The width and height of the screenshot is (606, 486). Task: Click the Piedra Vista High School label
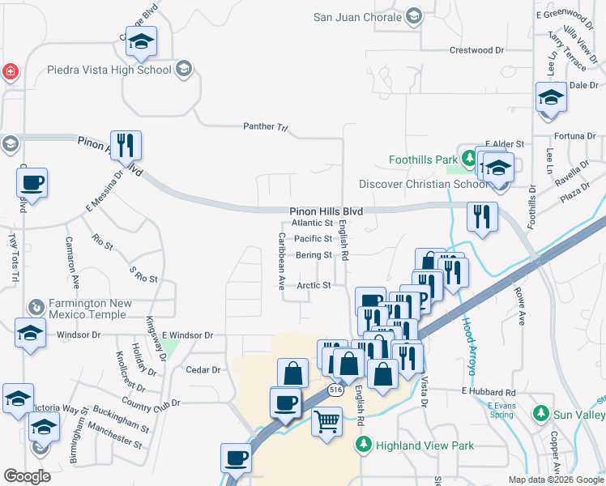pyautogui.click(x=109, y=70)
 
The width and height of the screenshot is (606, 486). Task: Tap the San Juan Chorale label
pyautogui.click(x=358, y=17)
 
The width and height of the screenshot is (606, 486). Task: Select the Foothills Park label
pyautogui.click(x=422, y=160)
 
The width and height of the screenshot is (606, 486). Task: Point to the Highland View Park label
pyautogui.click(x=423, y=445)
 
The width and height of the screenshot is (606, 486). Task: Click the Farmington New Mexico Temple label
pyautogui.click(x=89, y=309)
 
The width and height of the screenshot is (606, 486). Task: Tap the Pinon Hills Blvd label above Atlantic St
pyautogui.click(x=326, y=211)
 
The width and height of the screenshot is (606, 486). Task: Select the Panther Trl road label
pyautogui.click(x=266, y=126)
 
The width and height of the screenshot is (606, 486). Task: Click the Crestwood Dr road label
pyautogui.click(x=482, y=50)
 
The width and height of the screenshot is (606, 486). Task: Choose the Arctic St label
pyautogui.click(x=314, y=285)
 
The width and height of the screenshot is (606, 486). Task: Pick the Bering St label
pyautogui.click(x=314, y=255)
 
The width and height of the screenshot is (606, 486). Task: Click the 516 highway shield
pyautogui.click(x=335, y=390)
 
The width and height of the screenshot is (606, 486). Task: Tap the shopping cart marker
pyautogui.click(x=326, y=421)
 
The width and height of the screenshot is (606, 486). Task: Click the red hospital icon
pyautogui.click(x=10, y=71)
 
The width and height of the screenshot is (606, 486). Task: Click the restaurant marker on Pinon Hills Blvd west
pyautogui.click(x=126, y=145)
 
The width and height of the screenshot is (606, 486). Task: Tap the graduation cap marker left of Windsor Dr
pyautogui.click(x=31, y=333)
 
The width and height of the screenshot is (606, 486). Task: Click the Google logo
pyautogui.click(x=27, y=476)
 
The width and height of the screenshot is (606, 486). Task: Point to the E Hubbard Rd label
pyautogui.click(x=489, y=391)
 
